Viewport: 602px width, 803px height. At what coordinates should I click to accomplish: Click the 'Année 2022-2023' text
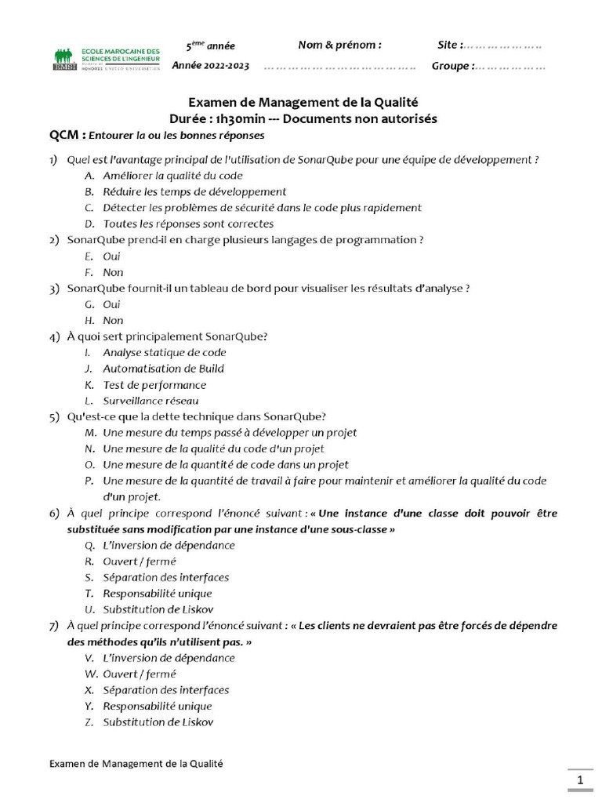click(x=210, y=66)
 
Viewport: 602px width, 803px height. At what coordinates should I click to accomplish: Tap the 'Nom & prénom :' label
click(x=339, y=45)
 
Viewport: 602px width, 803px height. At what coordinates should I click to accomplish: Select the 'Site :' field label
click(x=450, y=45)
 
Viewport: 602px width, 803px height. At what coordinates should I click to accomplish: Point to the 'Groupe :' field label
click(x=453, y=66)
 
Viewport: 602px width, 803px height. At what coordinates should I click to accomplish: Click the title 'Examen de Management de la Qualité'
click(x=303, y=102)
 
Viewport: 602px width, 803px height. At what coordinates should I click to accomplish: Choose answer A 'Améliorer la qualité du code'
click(x=172, y=176)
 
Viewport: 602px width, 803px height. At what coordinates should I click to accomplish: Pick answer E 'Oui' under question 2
click(x=111, y=256)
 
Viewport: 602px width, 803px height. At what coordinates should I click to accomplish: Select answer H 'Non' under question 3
click(x=113, y=321)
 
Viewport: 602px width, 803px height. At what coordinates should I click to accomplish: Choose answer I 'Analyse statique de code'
click(x=164, y=353)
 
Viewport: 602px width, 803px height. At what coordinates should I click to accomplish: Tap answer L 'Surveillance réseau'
click(x=150, y=401)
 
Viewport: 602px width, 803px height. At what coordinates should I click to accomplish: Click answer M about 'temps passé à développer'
click(x=230, y=433)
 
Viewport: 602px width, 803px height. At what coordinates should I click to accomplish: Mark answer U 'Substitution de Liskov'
click(x=158, y=609)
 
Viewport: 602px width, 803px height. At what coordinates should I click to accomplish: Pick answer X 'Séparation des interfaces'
click(x=165, y=690)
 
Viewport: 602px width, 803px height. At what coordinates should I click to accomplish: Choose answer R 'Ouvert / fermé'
click(x=139, y=561)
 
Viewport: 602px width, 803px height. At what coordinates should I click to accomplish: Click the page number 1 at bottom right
click(x=580, y=780)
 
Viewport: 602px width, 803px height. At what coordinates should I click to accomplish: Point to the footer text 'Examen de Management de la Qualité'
click(x=136, y=763)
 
